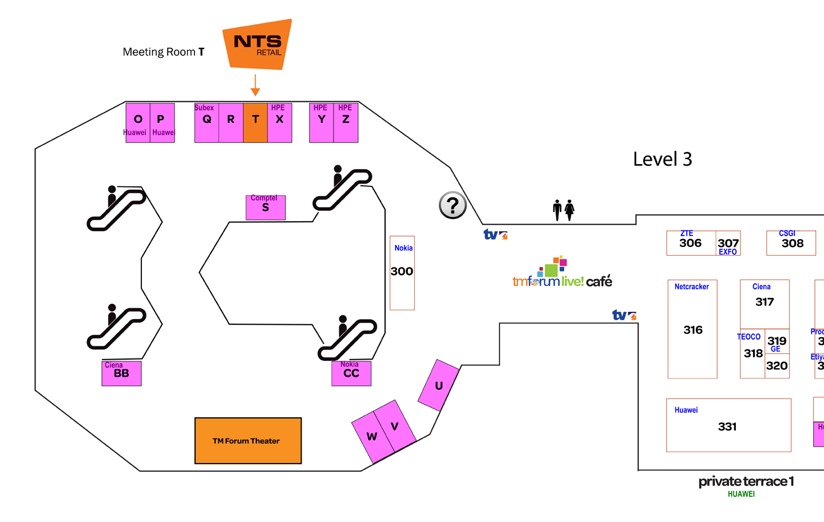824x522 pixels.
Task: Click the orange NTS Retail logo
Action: pyautogui.click(x=257, y=45)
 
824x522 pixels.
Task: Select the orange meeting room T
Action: pyautogui.click(x=255, y=122)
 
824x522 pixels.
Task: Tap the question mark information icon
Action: pyautogui.click(x=453, y=205)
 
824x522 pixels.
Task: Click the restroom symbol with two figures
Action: pyautogui.click(x=563, y=210)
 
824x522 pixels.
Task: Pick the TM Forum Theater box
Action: pyautogui.click(x=248, y=440)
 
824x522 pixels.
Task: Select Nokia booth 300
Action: pyautogui.click(x=402, y=273)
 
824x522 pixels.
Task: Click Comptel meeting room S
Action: pyautogui.click(x=266, y=207)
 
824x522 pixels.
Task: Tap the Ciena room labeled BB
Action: pyautogui.click(x=121, y=373)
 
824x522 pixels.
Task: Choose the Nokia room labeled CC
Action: pyautogui.click(x=351, y=373)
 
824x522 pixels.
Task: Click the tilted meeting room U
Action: pyautogui.click(x=438, y=385)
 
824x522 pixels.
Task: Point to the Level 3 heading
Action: pyautogui.click(x=662, y=159)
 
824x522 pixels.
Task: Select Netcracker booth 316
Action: pyautogui.click(x=692, y=329)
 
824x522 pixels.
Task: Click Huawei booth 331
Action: pyautogui.click(x=728, y=425)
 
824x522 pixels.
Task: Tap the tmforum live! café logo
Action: pyautogui.click(x=562, y=274)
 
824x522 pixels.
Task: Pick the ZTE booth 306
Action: pyautogui.click(x=691, y=243)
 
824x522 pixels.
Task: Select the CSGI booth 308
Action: pyautogui.click(x=791, y=243)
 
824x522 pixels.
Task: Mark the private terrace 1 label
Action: pyautogui.click(x=746, y=481)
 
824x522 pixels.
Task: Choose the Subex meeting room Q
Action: pyautogui.click(x=207, y=122)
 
